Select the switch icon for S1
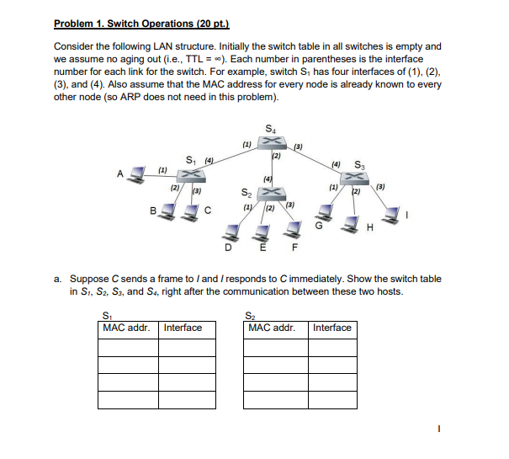coord(194,173)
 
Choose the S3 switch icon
coord(358,176)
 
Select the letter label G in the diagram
coord(318,224)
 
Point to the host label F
coord(294,246)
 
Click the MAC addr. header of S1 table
coord(126,328)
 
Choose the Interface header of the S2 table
coord(331,328)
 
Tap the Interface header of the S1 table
coord(183,328)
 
